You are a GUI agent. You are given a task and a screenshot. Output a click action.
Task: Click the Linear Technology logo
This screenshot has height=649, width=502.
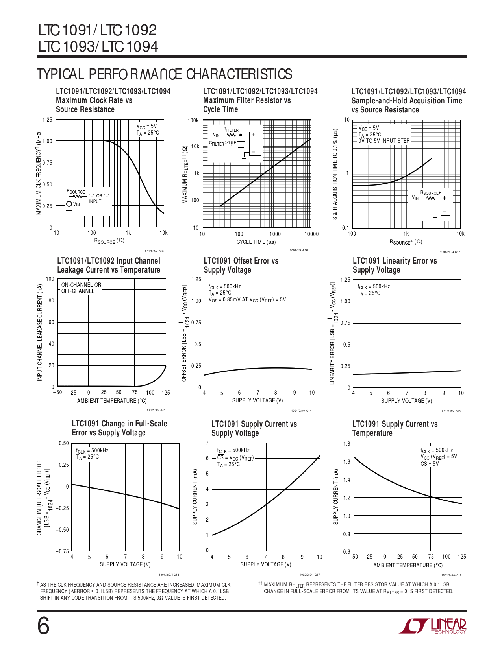pyautogui.click(x=433, y=626)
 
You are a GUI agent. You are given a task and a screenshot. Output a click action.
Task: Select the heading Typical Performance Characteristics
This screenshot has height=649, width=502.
pyautogui.click(x=164, y=74)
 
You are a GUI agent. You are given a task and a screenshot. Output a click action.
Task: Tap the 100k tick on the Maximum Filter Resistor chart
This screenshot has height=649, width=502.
pyautogui.click(x=193, y=120)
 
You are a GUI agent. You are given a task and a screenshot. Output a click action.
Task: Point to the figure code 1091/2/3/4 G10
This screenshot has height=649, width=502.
pyautogui.click(x=154, y=251)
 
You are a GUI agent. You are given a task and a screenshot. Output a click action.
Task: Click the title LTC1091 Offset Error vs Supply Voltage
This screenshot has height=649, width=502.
pyautogui.click(x=241, y=265)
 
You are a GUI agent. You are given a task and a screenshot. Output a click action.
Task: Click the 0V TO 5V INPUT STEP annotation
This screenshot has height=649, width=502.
pyautogui.click(x=383, y=141)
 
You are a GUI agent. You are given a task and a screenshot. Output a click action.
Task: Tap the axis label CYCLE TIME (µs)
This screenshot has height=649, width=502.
pyautogui.click(x=256, y=242)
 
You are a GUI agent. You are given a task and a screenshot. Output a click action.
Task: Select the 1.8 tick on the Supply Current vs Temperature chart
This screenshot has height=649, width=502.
pyautogui.click(x=346, y=444)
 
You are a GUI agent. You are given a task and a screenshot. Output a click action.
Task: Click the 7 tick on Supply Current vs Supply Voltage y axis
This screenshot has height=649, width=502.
pyautogui.click(x=207, y=443)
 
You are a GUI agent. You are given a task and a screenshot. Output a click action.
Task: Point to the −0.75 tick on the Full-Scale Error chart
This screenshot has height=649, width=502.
pyautogui.click(x=62, y=551)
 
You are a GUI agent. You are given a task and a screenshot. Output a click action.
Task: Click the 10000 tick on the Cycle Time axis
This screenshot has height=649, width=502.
pyautogui.click(x=311, y=234)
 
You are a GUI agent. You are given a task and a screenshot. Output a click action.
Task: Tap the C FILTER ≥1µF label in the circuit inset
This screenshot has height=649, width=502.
pyautogui.click(x=223, y=143)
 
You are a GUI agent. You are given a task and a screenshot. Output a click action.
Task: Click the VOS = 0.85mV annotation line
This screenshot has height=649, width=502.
pyautogui.click(x=247, y=300)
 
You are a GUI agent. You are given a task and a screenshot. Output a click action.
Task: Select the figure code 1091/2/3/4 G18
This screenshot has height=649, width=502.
pyautogui.click(x=451, y=575)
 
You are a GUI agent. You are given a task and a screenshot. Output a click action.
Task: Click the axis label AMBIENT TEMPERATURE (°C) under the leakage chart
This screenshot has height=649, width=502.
pyautogui.click(x=112, y=401)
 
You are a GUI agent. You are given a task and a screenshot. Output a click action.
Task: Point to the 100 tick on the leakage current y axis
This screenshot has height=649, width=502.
pyautogui.click(x=50, y=279)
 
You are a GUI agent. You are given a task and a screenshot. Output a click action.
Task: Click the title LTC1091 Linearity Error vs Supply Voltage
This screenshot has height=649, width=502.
pyautogui.click(x=395, y=265)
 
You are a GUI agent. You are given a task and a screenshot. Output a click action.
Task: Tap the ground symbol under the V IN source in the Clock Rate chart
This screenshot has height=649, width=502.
pyautogui.click(x=69, y=212)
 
